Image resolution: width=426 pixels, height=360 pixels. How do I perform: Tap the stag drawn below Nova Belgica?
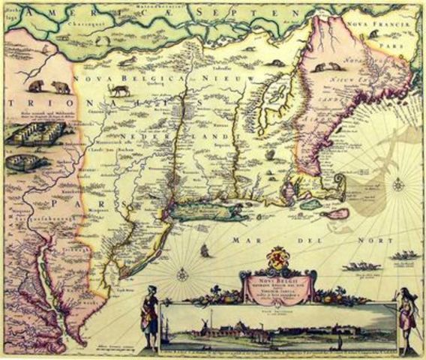(x=118, y=90)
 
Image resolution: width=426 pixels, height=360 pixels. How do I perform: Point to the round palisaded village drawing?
(x=23, y=161)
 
